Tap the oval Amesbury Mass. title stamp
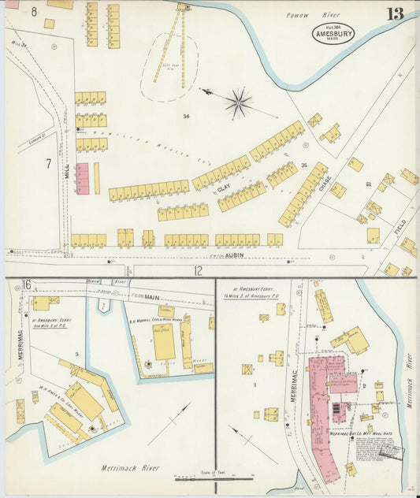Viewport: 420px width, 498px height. click(332, 32)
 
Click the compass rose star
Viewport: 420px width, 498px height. click(238, 102)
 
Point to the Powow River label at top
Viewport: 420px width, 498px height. click(304, 14)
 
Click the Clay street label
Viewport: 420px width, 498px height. click(223, 188)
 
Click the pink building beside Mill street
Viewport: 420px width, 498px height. click(82, 179)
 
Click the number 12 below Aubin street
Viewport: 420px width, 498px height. click(198, 270)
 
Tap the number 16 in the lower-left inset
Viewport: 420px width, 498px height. click(26, 284)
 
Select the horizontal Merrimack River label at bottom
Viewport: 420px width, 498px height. click(129, 468)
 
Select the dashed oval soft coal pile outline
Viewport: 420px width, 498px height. click(169, 67)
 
